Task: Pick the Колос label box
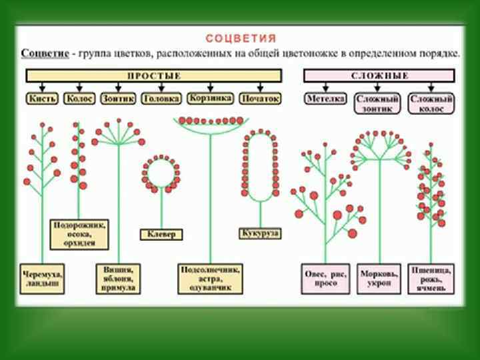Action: [79, 98]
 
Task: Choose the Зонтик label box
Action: [118, 98]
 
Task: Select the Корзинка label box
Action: [210, 98]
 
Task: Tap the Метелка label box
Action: [325, 98]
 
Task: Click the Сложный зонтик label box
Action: [377, 103]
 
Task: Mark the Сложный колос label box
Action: [431, 103]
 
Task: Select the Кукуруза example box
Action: [259, 233]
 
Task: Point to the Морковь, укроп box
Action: [379, 279]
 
